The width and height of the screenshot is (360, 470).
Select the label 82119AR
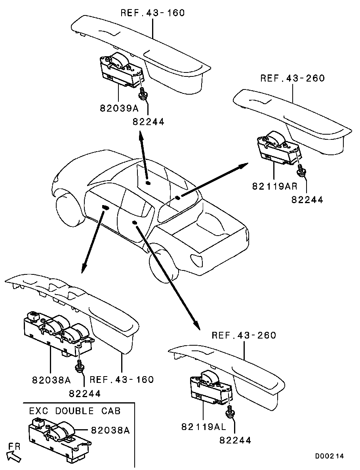pyautogui.click(x=274, y=186)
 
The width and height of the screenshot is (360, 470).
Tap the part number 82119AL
pyautogui.click(x=204, y=426)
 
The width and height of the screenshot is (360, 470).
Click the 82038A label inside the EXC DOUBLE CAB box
pyautogui.click(x=110, y=430)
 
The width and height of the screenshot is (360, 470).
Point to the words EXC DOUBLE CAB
pyautogui.click(x=75, y=410)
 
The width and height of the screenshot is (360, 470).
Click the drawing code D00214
pyautogui.click(x=329, y=456)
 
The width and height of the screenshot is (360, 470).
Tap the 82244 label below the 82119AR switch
pyautogui.click(x=307, y=200)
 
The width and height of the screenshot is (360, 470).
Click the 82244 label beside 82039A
pyautogui.click(x=149, y=122)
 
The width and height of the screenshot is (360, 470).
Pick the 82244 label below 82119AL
pyautogui.click(x=235, y=440)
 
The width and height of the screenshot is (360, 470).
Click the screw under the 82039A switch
pyautogui.click(x=142, y=93)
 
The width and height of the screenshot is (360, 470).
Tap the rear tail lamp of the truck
pyautogui.click(x=197, y=260)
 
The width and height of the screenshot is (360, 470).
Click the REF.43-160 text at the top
pyautogui.click(x=152, y=13)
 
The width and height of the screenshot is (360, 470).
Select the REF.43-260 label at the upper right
pyautogui.click(x=293, y=78)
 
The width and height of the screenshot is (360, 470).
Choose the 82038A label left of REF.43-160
pyautogui.click(x=51, y=380)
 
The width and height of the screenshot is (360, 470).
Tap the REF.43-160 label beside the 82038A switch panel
pyautogui.click(x=122, y=379)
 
